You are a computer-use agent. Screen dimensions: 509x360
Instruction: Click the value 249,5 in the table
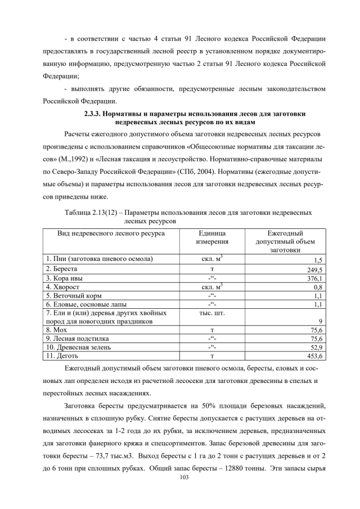[312, 269]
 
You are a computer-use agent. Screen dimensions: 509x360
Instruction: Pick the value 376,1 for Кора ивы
[312, 278]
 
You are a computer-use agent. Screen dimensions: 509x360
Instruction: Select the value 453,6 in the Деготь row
[312, 356]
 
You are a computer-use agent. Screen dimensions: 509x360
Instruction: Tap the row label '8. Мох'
[57, 330]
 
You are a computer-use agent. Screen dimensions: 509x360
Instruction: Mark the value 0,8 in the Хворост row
[316, 286]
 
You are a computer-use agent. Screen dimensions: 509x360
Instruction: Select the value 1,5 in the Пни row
[316, 260]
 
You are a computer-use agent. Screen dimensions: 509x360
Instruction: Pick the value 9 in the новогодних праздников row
[319, 321]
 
